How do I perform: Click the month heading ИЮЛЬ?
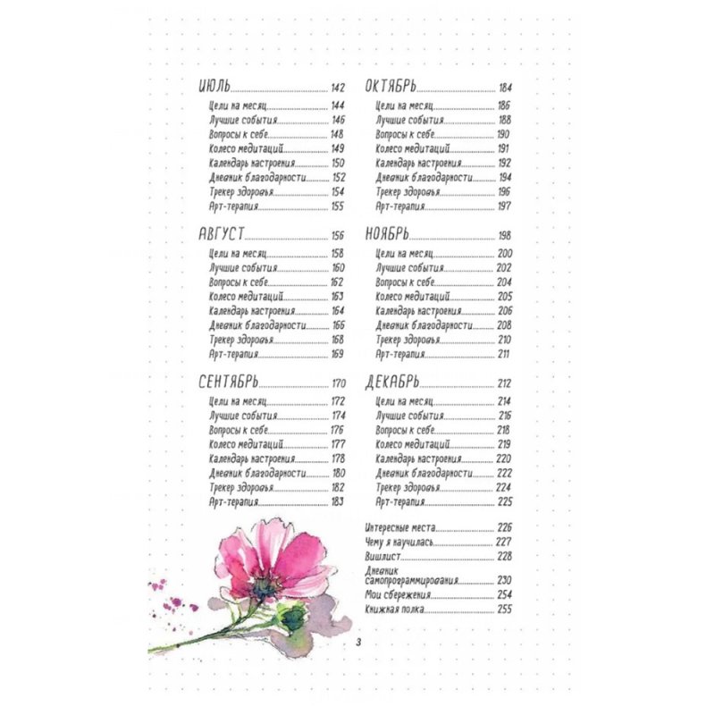(x=214, y=88)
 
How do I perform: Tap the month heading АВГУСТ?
(x=221, y=234)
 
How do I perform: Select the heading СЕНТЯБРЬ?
(x=230, y=383)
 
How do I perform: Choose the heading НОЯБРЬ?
(x=387, y=234)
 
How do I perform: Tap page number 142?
(x=338, y=88)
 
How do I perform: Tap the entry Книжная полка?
(x=394, y=610)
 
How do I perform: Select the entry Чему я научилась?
(x=399, y=541)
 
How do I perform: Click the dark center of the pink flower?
(x=263, y=585)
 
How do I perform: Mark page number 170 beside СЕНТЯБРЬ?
(x=338, y=383)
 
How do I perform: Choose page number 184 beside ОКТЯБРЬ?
(x=506, y=88)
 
